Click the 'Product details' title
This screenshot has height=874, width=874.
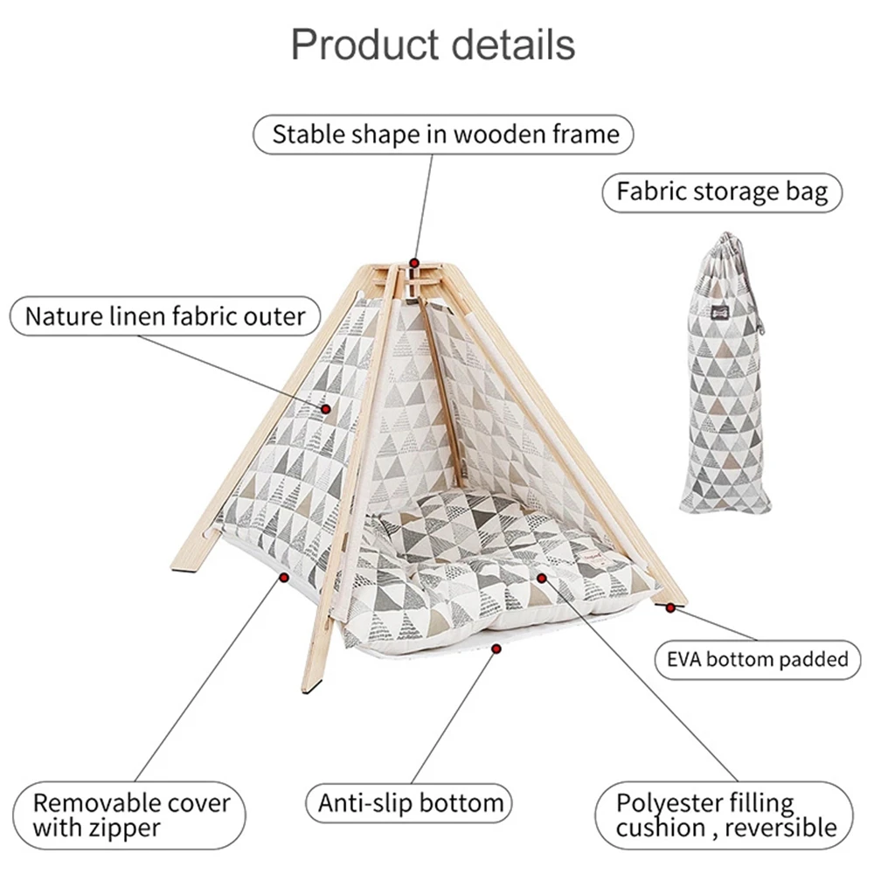pos(433,44)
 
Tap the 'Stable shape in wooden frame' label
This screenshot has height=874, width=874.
pos(445,135)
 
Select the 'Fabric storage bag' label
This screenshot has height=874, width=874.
pos(721,191)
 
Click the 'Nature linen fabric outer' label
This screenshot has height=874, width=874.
pos(165,316)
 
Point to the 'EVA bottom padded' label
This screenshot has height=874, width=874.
pos(752,658)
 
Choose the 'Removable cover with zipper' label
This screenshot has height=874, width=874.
pos(131,815)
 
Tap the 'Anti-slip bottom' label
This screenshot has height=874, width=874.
pos(410,803)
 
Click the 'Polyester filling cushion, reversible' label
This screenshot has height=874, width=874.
pos(725,815)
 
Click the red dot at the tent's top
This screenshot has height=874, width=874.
pos(414,261)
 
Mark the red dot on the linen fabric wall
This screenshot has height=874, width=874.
pos(326,408)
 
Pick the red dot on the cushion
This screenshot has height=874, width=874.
pos(542,577)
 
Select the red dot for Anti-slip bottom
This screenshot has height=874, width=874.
pos(496,649)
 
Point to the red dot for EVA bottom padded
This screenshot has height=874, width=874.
pos(670,606)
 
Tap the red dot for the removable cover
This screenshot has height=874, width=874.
pos(284,576)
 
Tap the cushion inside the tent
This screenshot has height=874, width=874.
pos(489,559)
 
